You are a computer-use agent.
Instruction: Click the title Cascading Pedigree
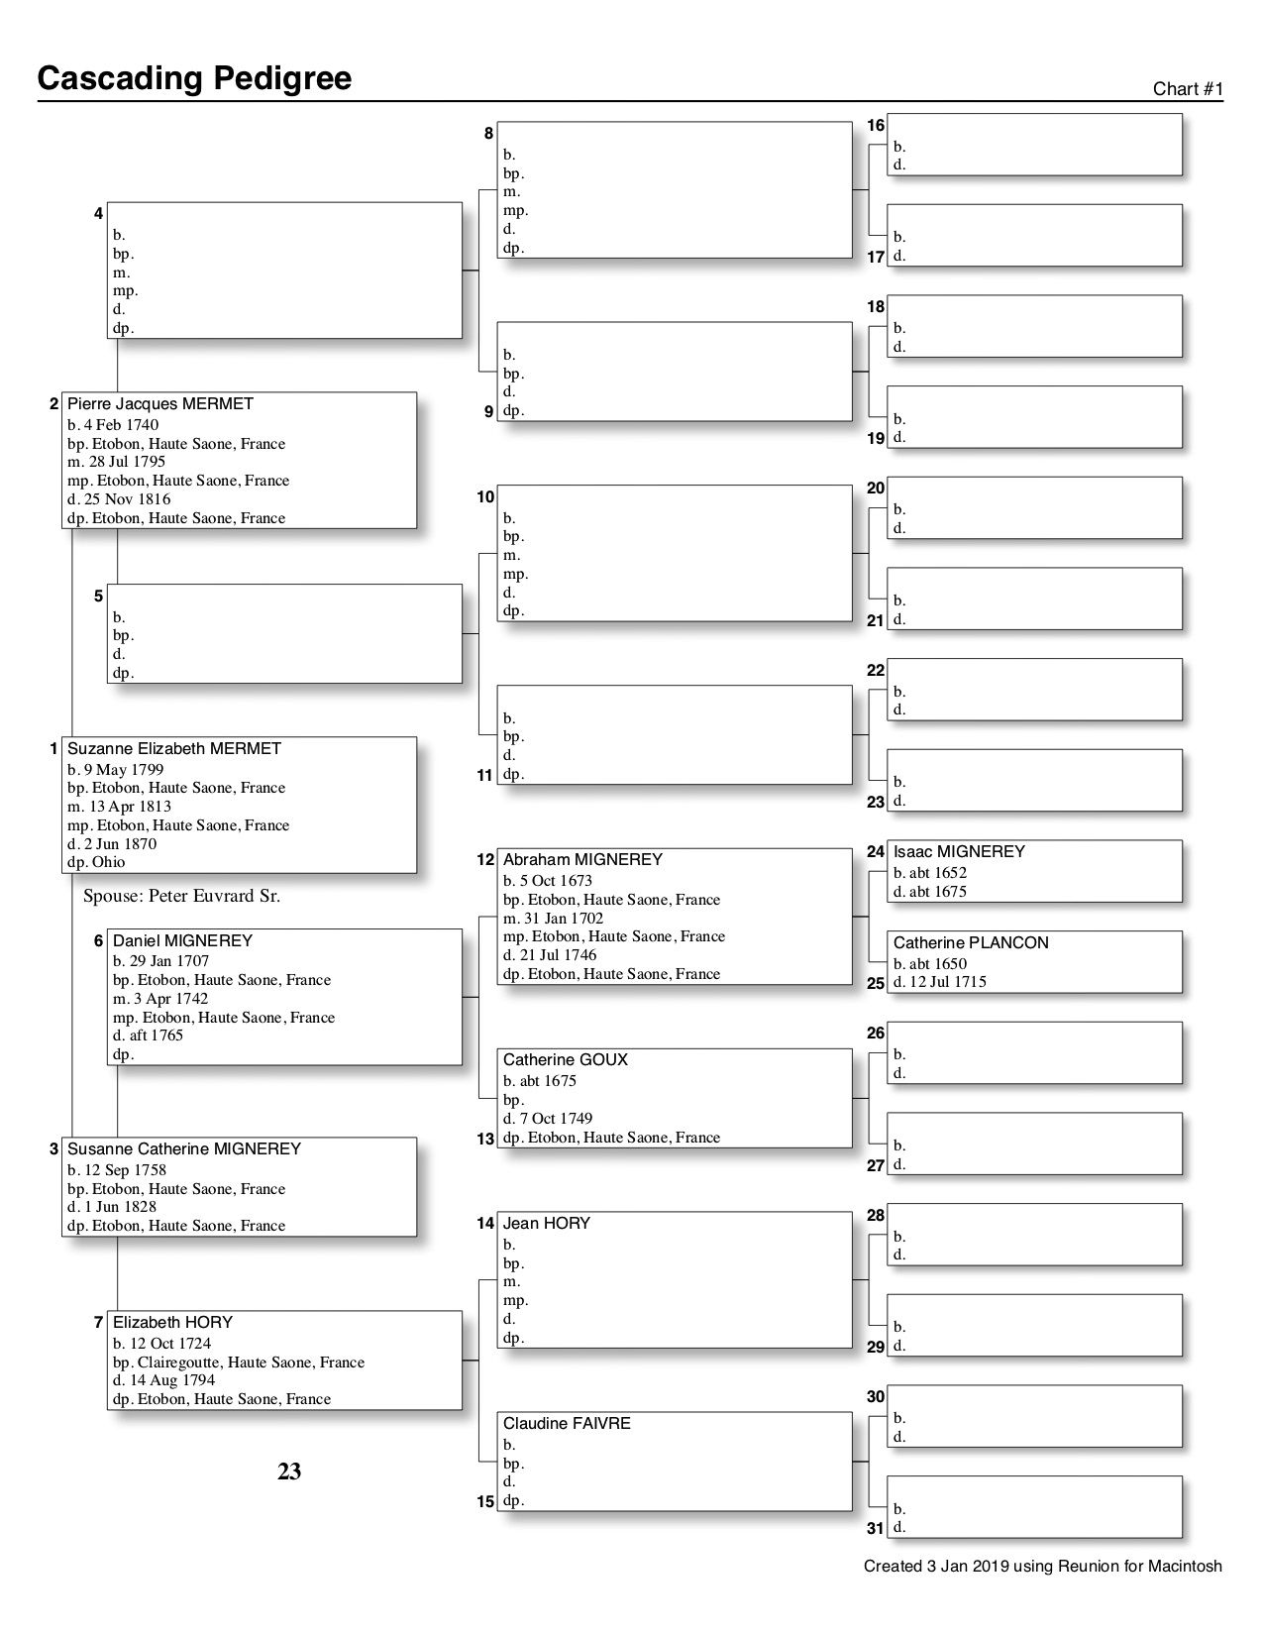(x=194, y=78)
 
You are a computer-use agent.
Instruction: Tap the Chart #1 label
(x=1188, y=89)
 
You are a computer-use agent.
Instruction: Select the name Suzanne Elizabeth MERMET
(x=174, y=749)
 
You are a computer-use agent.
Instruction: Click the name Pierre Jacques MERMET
(x=160, y=404)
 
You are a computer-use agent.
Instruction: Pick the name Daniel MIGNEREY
(x=182, y=940)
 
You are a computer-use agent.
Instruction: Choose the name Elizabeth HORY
(x=172, y=1322)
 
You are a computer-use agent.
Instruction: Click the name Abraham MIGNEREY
(x=582, y=860)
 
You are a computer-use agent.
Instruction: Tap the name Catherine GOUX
(x=566, y=1060)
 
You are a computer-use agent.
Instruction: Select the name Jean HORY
(x=547, y=1224)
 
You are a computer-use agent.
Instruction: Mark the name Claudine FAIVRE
(x=567, y=1424)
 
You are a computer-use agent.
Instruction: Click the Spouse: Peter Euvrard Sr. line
(x=182, y=897)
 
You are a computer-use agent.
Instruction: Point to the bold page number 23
(x=289, y=1472)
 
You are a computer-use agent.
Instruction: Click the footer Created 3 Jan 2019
(x=1042, y=1567)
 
